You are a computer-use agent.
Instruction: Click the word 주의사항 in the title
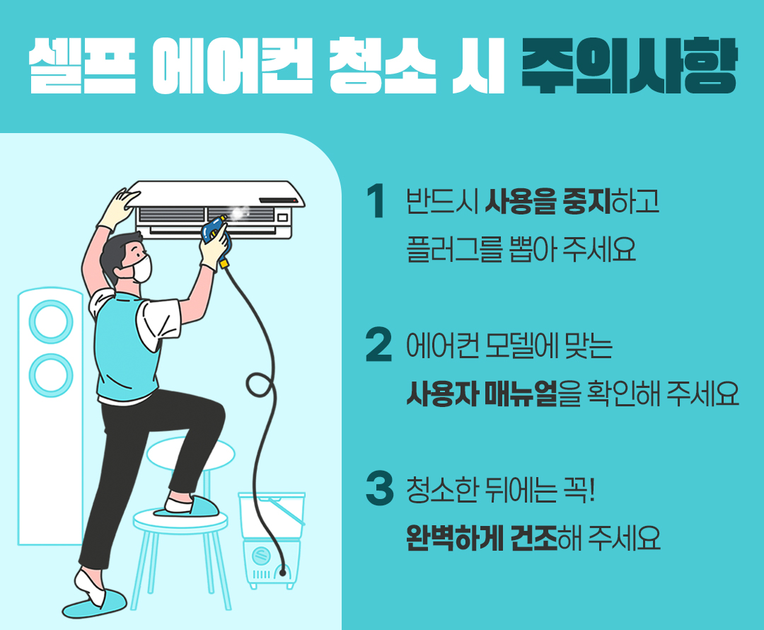coord(628,67)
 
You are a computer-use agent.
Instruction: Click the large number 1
coord(377,202)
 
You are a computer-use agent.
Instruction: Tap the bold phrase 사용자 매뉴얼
coord(482,393)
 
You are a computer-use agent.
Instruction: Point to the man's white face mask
coord(141,268)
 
